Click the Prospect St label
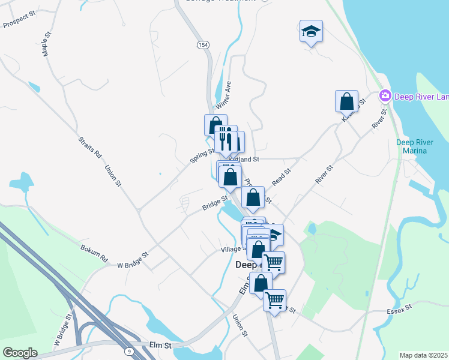20,22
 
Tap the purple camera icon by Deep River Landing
385,96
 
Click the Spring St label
202,156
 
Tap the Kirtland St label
244,160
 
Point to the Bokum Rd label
94,252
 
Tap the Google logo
20,352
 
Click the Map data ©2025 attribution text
423,355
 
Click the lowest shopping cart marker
274,299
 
